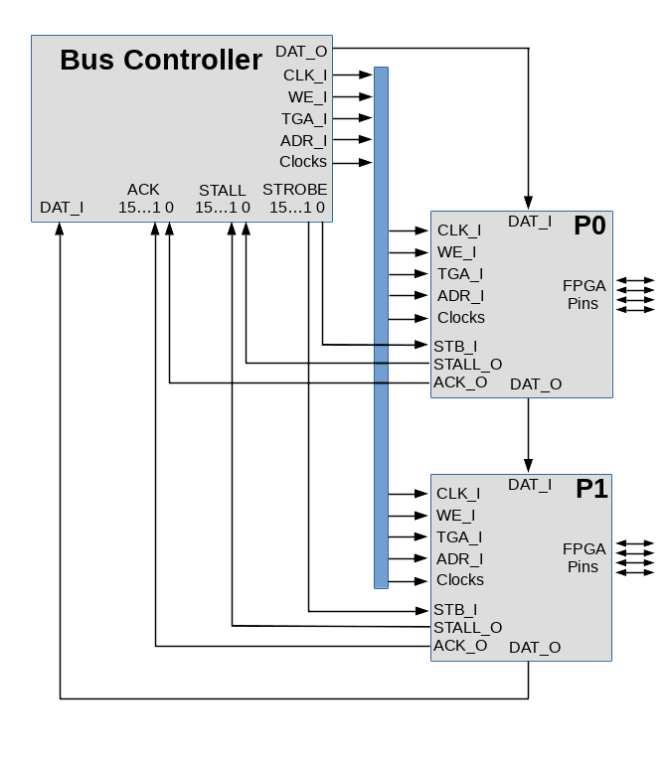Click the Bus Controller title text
(160, 61)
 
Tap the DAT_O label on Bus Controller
(301, 52)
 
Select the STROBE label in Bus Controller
(294, 190)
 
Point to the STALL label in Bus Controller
(222, 191)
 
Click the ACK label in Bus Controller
(143, 190)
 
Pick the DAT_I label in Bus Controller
(62, 208)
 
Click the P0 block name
(589, 226)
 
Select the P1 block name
(591, 489)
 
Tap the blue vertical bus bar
(381, 328)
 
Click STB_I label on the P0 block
(455, 347)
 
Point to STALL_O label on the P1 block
(467, 628)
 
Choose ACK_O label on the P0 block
(460, 382)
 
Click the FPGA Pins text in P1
(584, 557)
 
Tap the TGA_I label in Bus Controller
(304, 119)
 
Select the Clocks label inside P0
(461, 318)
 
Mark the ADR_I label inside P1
(460, 559)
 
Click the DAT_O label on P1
(535, 648)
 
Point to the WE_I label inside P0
(456, 252)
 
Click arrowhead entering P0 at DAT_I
(528, 203)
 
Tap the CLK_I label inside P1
(458, 494)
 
